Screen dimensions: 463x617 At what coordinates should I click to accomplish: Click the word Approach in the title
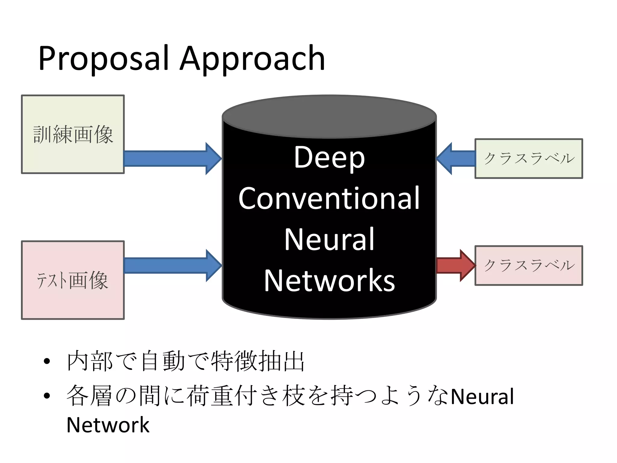click(x=252, y=59)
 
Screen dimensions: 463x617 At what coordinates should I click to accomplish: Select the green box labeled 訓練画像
click(x=73, y=134)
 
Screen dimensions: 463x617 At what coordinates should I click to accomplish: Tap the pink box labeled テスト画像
click(x=73, y=280)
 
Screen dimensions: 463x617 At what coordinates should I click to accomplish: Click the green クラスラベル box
click(x=529, y=159)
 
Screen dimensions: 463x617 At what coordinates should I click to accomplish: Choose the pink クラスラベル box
click(x=529, y=265)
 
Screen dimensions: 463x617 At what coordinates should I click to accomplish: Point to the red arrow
click(x=455, y=265)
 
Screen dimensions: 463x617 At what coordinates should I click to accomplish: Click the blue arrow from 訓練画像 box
click(x=172, y=159)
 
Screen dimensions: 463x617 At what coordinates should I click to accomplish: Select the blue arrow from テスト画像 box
click(x=172, y=265)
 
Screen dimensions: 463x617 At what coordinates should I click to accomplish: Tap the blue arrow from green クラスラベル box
click(x=456, y=159)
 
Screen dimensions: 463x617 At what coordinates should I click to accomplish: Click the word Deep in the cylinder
click(x=329, y=157)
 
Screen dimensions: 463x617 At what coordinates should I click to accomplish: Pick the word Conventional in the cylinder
click(x=329, y=198)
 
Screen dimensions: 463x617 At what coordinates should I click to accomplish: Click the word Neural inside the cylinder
click(x=329, y=239)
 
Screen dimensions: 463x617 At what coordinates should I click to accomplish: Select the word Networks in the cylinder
click(x=329, y=281)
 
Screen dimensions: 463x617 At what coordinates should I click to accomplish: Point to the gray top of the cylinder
click(x=329, y=116)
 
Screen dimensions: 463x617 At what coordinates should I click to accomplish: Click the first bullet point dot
click(x=47, y=361)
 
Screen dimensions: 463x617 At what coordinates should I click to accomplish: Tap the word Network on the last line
click(x=108, y=425)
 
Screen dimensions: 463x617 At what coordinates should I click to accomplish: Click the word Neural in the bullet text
click(x=482, y=397)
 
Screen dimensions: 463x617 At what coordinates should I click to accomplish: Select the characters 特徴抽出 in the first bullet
click(x=258, y=361)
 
